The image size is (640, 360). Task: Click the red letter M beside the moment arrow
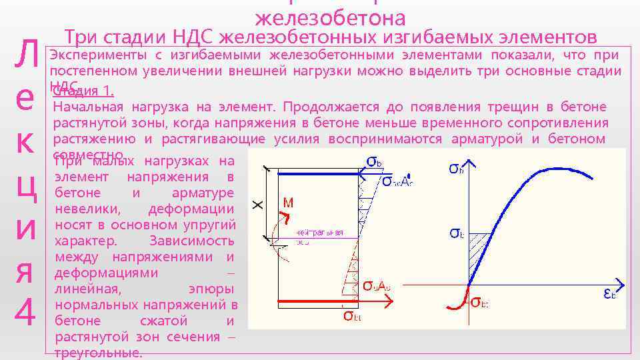click(x=288, y=202)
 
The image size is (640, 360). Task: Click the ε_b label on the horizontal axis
click(x=609, y=293)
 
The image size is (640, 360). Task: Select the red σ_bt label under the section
click(x=353, y=315)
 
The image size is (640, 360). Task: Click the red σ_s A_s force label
click(x=376, y=286)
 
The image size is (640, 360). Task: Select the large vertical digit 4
click(x=25, y=312)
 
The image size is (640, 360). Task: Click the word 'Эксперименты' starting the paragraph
click(x=97, y=55)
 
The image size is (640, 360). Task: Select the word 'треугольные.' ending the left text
click(x=98, y=353)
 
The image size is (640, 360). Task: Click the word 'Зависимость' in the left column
click(x=192, y=241)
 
